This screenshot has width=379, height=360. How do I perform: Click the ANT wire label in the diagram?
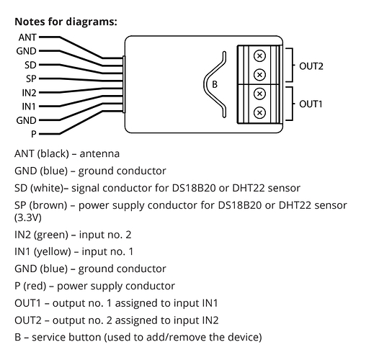click(27, 37)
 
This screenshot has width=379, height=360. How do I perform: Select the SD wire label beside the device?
click(30, 66)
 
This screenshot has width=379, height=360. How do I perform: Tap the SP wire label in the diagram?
click(31, 78)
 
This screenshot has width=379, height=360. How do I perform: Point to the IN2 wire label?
click(29, 93)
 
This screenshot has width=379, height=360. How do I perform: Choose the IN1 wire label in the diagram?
click(29, 107)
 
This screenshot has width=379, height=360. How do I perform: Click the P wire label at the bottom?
click(34, 134)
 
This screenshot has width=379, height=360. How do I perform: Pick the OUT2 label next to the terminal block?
click(311, 66)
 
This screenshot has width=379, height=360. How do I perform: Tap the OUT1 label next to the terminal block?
click(311, 104)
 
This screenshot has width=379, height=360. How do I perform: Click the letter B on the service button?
click(215, 84)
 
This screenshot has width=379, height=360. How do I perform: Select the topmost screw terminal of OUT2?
click(259, 56)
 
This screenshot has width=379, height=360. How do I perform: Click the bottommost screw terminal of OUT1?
click(259, 112)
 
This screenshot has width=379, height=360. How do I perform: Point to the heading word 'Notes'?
click(30, 22)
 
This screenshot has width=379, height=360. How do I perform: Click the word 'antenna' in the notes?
click(99, 154)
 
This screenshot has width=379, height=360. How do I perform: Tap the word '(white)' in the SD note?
click(47, 188)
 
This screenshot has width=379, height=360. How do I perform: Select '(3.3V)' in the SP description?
click(28, 218)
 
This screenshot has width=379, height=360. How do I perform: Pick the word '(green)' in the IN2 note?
click(51, 235)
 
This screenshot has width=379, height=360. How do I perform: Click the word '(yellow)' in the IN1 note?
click(53, 252)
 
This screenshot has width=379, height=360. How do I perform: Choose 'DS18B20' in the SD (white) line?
click(194, 188)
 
